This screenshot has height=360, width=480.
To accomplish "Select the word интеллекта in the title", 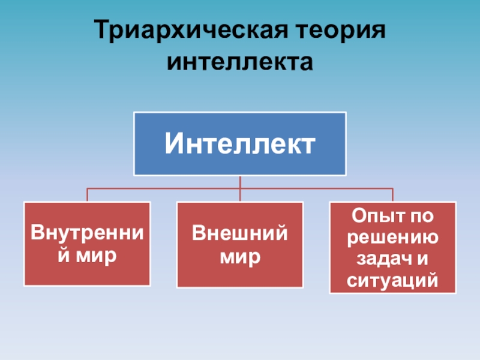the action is tap(240, 61).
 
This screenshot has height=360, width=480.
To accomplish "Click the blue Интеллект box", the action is tap(240, 143).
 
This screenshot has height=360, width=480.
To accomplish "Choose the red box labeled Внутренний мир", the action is tap(87, 244).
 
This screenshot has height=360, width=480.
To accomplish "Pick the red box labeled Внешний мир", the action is tap(239, 244).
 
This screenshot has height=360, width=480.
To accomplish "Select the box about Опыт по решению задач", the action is tap(392, 247).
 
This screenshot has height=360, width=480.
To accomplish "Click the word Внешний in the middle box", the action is tap(239, 233).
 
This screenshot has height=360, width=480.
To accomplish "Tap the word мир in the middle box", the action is tap(239, 257).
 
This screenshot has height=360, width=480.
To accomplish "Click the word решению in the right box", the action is tap(392, 236).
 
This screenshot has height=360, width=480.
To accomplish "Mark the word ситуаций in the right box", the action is tap(392, 280).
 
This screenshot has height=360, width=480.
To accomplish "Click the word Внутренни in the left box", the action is tap(87, 233).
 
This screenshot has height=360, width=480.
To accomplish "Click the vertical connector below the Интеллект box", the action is tap(240, 182).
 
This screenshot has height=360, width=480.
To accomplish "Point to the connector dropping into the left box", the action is tap(88, 195).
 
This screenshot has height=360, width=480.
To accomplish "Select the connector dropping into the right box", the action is tap(392, 195).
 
